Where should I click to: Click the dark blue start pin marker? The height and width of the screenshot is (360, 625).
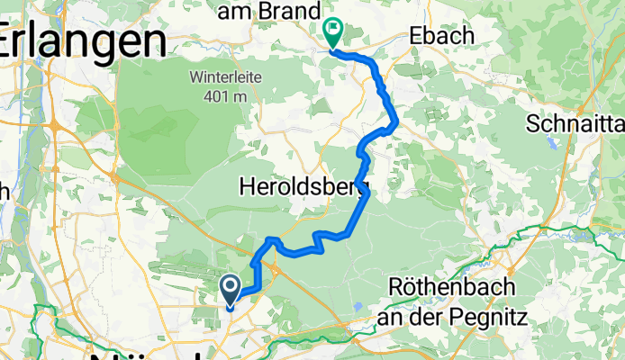point(230,291)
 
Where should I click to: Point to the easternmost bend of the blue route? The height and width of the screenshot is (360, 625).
point(397,121)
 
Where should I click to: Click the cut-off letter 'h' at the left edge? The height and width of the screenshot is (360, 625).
point(5,191)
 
